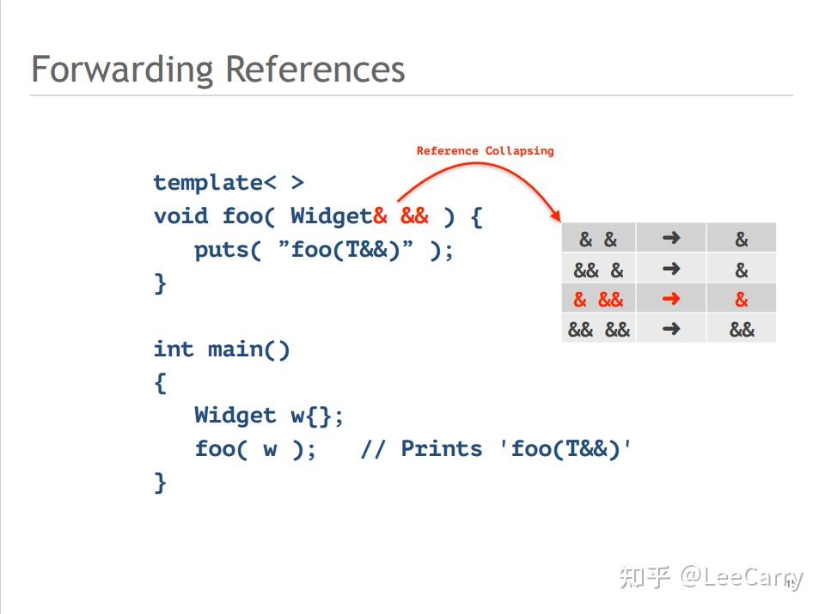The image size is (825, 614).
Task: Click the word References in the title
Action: (x=315, y=69)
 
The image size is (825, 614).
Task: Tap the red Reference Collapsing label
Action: (x=485, y=151)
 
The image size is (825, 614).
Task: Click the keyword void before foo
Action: (x=180, y=216)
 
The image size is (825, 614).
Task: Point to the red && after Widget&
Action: (x=414, y=216)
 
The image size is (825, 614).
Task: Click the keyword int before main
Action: (x=174, y=350)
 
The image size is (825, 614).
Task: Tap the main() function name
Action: (x=248, y=350)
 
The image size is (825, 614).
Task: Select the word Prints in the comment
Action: (x=441, y=449)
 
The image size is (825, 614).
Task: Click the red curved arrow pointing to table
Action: (x=481, y=172)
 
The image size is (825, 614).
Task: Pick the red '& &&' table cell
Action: (x=598, y=300)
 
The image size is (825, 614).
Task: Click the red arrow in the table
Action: (x=671, y=299)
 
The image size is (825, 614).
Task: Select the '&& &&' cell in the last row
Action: (x=598, y=329)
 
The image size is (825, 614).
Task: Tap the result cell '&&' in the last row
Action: (x=742, y=329)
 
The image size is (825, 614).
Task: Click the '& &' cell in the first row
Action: (x=598, y=240)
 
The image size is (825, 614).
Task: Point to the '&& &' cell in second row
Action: (x=598, y=270)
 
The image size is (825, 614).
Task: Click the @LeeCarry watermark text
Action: (x=741, y=577)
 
